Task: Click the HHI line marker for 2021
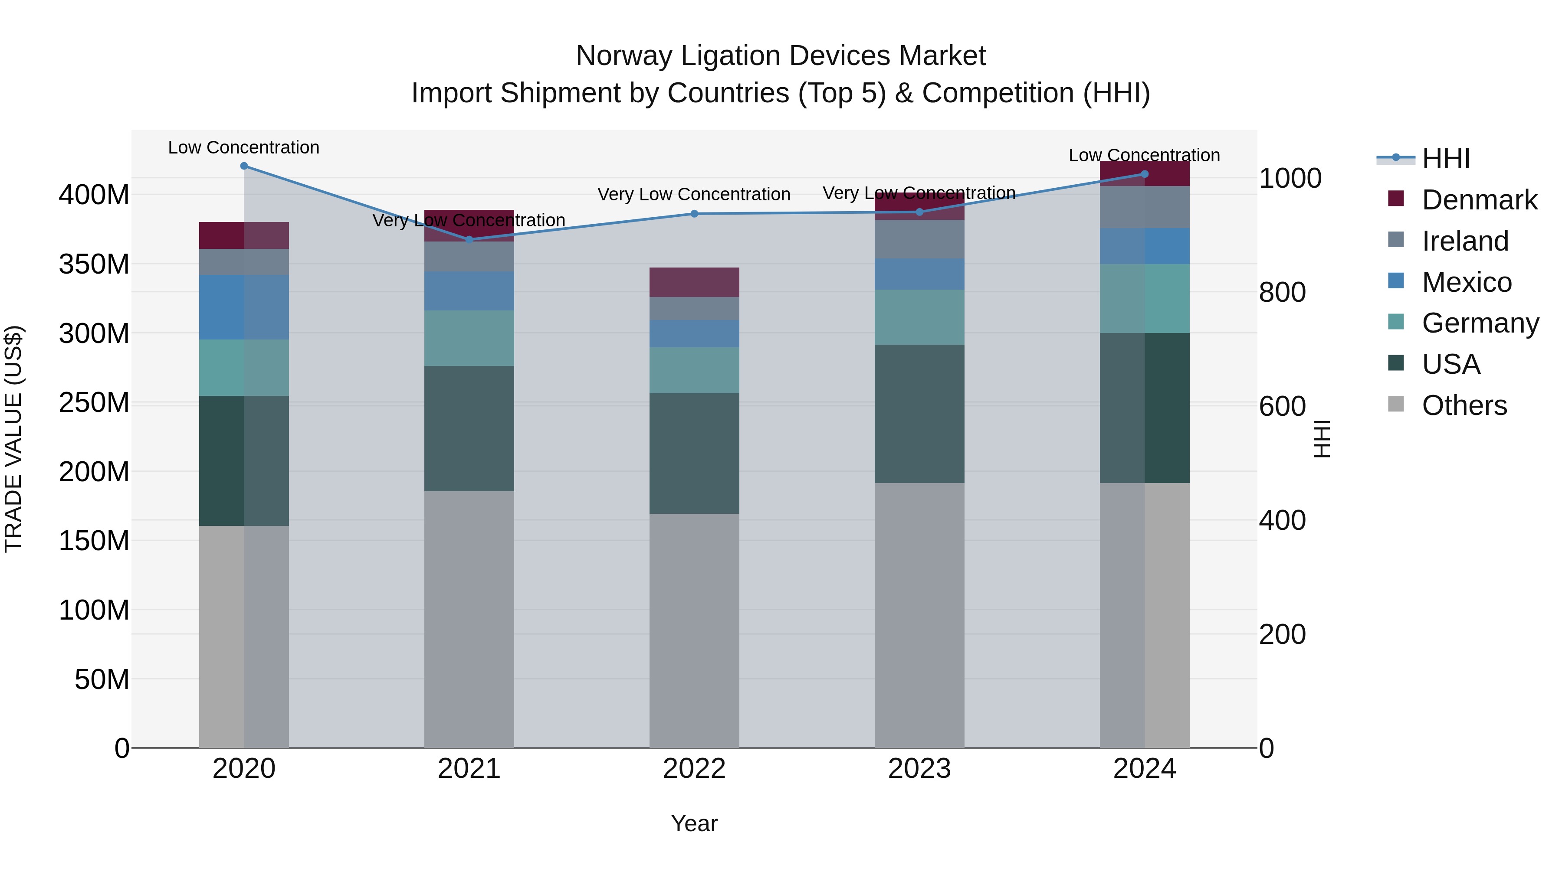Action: pyautogui.click(x=469, y=240)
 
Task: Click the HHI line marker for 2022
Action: pyautogui.click(x=694, y=214)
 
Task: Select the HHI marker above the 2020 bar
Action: pyautogui.click(x=244, y=166)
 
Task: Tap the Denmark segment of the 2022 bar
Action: pyautogui.click(x=694, y=282)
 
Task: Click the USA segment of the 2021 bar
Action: pyautogui.click(x=469, y=428)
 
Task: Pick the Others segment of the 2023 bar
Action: pyautogui.click(x=919, y=615)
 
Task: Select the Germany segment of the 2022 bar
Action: pyautogui.click(x=694, y=370)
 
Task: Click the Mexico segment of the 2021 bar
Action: pyautogui.click(x=469, y=291)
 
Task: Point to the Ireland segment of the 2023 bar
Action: pyautogui.click(x=919, y=239)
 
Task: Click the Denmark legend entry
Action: pyautogui.click(x=1479, y=200)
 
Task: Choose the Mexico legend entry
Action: pyautogui.click(x=1466, y=282)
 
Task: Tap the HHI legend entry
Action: pyautogui.click(x=1446, y=159)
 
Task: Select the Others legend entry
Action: pyautogui.click(x=1464, y=405)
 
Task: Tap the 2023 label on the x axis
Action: pyautogui.click(x=919, y=769)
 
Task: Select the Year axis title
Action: pyautogui.click(x=694, y=823)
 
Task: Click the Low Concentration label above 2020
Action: pyautogui.click(x=244, y=148)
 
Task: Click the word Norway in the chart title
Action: pyautogui.click(x=624, y=56)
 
